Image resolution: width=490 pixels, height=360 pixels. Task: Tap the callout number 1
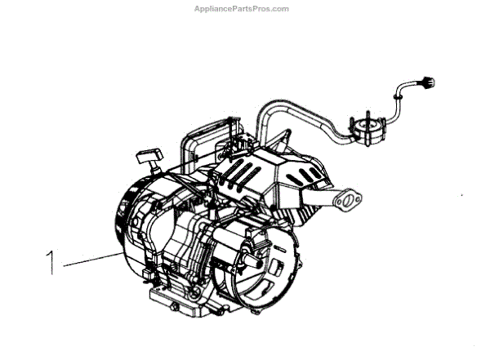51,263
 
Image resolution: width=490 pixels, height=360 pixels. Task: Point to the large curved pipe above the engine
294,117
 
